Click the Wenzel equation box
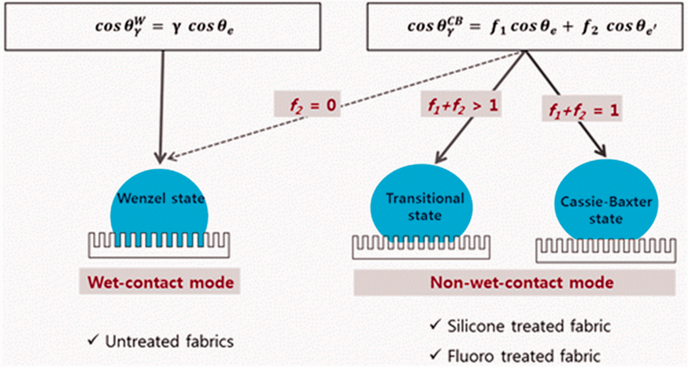click(x=163, y=27)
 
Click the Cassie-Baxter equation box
click(x=525, y=27)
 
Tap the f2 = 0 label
click(x=307, y=104)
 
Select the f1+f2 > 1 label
click(x=461, y=104)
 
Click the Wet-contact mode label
click(x=160, y=282)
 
